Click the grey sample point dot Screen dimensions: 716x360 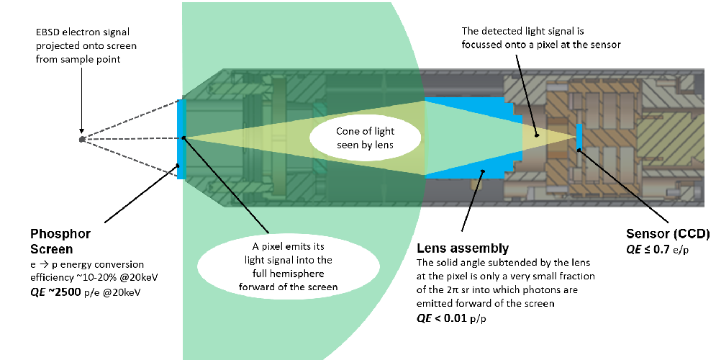[82, 140]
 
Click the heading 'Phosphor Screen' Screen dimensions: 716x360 [60, 241]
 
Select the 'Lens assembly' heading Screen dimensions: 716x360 [462, 248]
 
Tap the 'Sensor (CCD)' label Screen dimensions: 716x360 [668, 234]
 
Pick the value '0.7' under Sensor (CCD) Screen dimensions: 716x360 [661, 249]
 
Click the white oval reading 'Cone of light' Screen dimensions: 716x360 [365, 138]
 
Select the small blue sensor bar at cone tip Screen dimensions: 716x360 [579, 136]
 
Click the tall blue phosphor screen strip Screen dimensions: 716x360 [181, 139]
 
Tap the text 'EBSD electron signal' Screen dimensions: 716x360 [83, 32]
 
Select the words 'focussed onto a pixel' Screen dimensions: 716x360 [509, 45]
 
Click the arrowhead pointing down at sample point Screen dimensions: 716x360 [82, 131]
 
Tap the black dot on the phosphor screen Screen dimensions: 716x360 [183, 137]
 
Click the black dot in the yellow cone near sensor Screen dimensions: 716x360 [537, 135]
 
